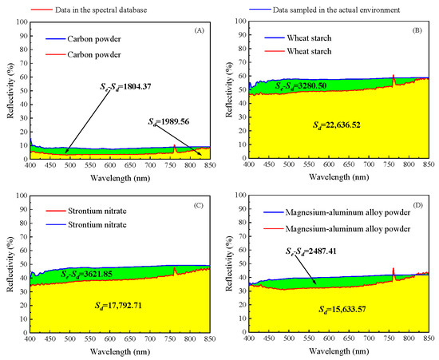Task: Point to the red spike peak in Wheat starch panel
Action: pos(394,76)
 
